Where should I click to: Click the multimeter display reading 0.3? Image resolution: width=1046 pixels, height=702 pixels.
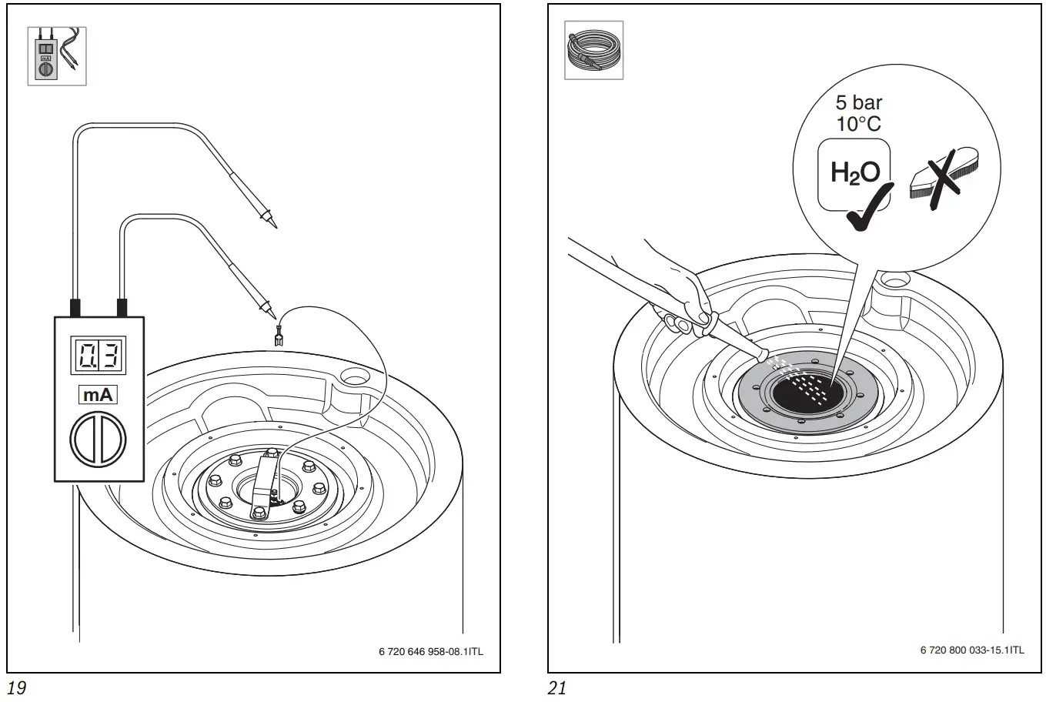(x=99, y=356)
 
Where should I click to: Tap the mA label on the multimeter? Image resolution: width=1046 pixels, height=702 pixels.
(x=98, y=396)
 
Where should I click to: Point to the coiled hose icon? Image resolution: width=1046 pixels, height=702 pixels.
(x=593, y=50)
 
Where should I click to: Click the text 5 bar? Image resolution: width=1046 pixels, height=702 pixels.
(x=859, y=102)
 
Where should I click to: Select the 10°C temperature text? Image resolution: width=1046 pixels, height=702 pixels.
(x=859, y=124)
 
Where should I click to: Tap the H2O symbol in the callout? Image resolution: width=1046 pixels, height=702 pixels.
(x=854, y=172)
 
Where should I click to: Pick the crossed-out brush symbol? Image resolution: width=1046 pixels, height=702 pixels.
(x=935, y=179)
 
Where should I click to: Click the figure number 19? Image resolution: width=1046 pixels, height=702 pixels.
(x=15, y=687)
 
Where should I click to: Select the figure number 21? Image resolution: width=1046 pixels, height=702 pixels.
(x=556, y=687)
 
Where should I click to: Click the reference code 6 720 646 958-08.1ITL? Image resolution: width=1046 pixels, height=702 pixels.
(x=431, y=651)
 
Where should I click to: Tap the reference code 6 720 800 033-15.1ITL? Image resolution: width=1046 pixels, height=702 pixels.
(x=972, y=650)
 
